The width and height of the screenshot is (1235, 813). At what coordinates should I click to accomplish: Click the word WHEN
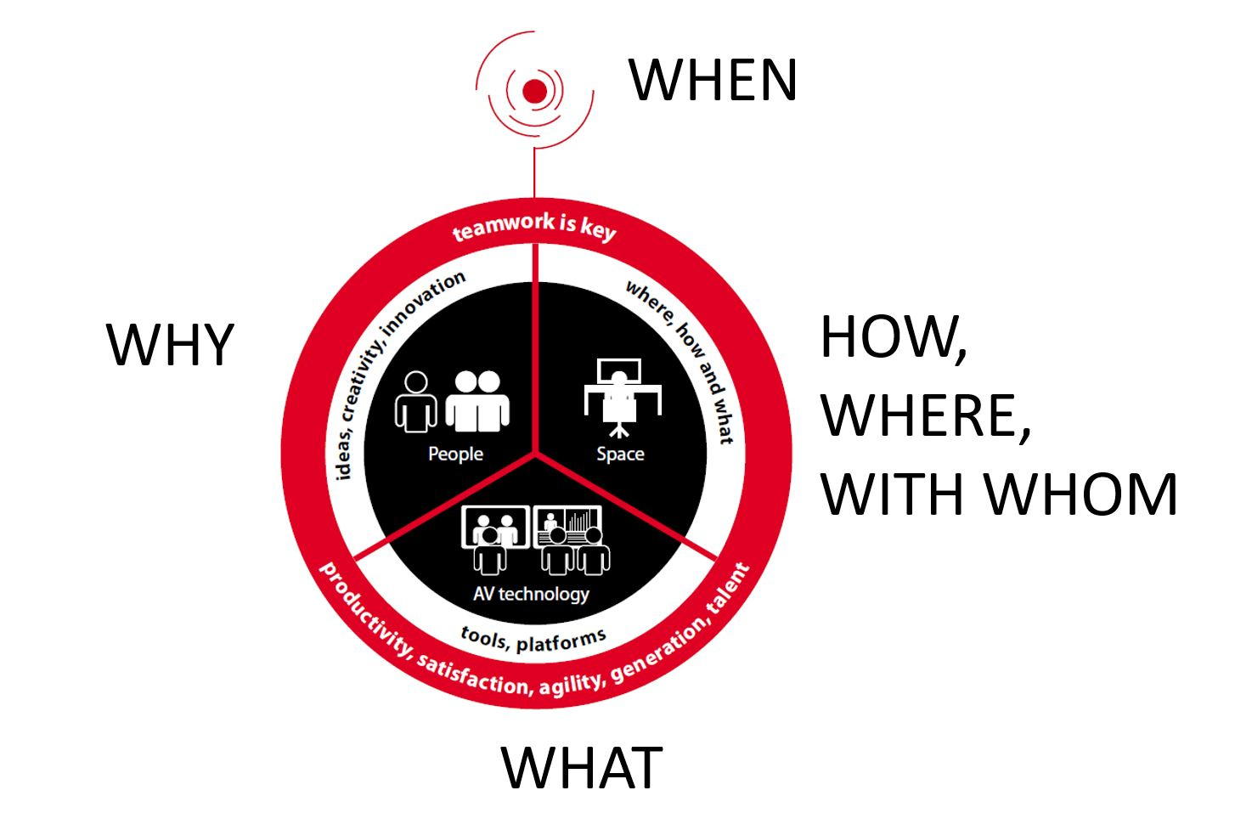pyautogui.click(x=713, y=80)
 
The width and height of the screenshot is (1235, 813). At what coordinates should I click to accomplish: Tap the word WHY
pyautogui.click(x=170, y=346)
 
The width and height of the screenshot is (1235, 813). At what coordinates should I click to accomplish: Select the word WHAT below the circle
pyautogui.click(x=582, y=767)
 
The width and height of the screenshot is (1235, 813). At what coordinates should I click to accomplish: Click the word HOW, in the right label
pyautogui.click(x=893, y=337)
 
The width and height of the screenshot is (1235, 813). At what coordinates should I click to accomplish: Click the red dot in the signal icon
pyautogui.click(x=534, y=91)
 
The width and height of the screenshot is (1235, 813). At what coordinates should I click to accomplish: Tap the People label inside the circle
pyautogui.click(x=455, y=454)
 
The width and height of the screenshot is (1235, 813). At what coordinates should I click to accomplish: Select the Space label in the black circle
pyautogui.click(x=620, y=454)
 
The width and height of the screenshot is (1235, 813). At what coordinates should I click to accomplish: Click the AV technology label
pyautogui.click(x=531, y=593)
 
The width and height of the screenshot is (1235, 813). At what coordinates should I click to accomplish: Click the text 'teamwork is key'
pyautogui.click(x=534, y=227)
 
